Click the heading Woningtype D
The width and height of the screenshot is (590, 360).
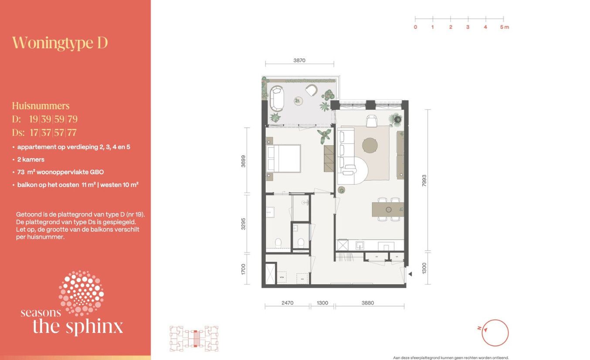coord(60,43)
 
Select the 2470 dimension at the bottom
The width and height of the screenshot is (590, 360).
coord(287,303)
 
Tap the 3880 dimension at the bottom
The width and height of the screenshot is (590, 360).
coord(370,303)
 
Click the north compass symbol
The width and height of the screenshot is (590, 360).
coord(495,333)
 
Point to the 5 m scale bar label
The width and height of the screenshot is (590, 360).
coord(504,27)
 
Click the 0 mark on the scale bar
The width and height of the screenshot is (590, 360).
coord(415,27)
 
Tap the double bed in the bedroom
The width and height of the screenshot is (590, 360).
coord(284,159)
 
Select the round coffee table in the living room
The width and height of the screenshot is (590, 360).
coord(371,146)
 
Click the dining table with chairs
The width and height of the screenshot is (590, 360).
coord(388,210)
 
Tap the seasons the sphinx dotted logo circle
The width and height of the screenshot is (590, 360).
coord(81,293)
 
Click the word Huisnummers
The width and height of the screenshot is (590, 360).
coord(41,106)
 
